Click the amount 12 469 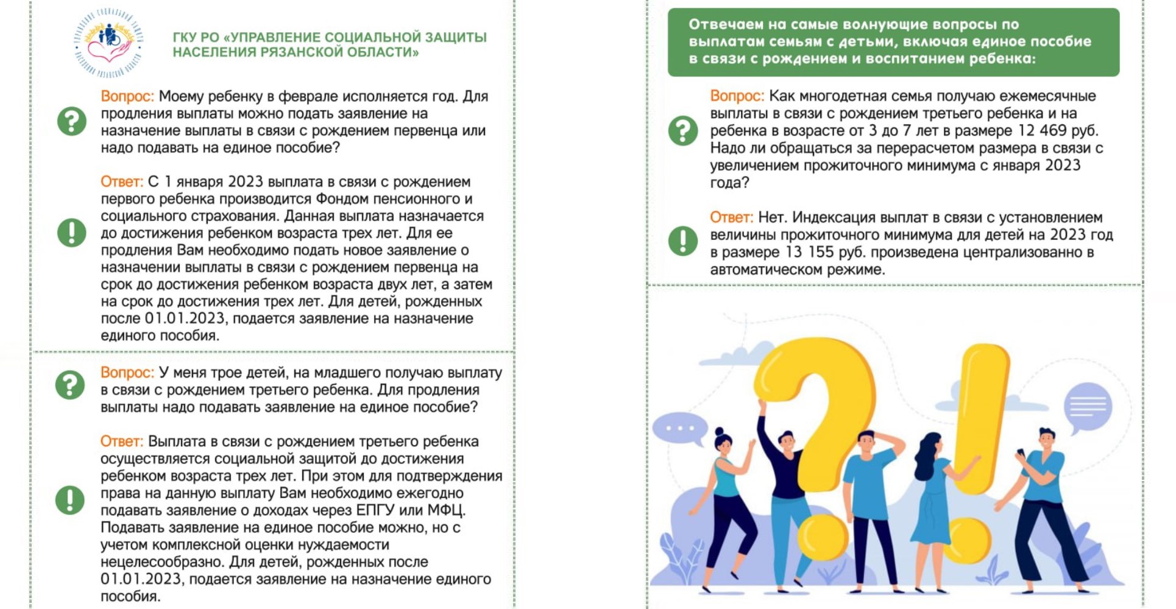[1043, 131]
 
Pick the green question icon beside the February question [72, 121]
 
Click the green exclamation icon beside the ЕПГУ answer [70, 500]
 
